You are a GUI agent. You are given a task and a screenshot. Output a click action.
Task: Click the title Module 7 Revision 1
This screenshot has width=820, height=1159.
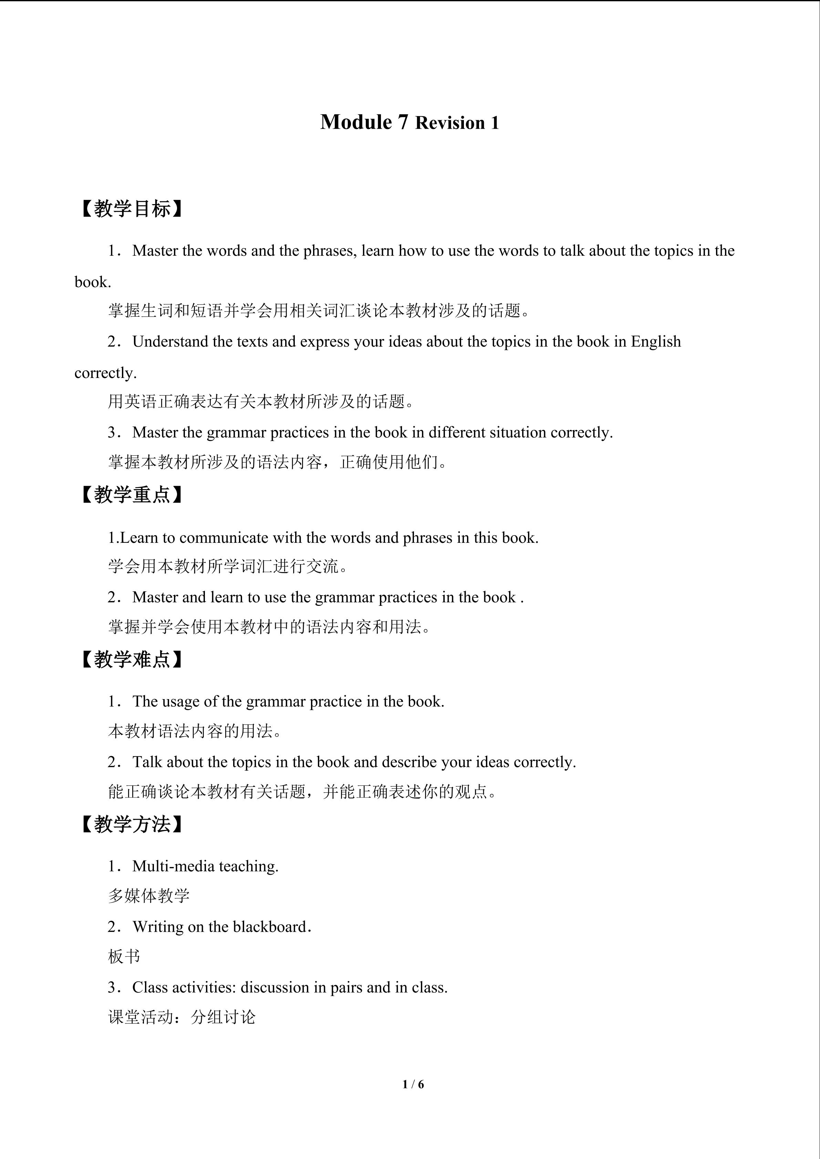click(409, 123)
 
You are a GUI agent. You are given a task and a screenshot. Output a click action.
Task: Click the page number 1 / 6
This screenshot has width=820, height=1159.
click(413, 1084)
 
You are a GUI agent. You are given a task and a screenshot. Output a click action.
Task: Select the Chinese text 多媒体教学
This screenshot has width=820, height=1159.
click(149, 896)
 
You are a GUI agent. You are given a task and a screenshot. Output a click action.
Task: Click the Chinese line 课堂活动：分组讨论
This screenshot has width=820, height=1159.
click(182, 1017)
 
